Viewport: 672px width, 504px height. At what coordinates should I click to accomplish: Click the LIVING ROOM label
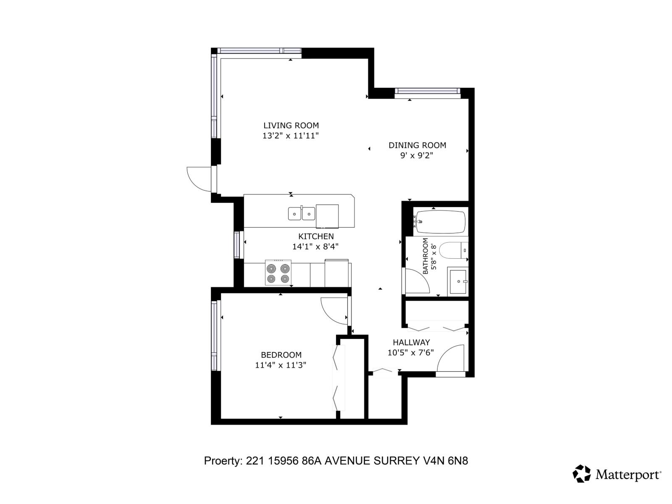(291, 125)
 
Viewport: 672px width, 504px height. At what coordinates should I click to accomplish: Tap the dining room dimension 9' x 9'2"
(417, 155)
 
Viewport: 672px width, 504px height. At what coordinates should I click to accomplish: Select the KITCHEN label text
(316, 236)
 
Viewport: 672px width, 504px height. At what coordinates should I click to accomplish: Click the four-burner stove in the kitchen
(278, 273)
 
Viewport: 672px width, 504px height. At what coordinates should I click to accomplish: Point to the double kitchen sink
(302, 214)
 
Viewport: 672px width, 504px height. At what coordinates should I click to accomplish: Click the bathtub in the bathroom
(440, 221)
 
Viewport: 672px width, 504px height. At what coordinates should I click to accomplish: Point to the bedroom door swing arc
(334, 310)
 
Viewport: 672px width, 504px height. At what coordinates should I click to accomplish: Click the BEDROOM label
(281, 354)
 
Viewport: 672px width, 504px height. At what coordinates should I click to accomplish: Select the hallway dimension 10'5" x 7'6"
(410, 353)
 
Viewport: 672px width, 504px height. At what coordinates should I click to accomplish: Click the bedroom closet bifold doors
(339, 378)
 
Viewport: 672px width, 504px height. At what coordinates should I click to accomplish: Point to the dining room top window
(427, 91)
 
